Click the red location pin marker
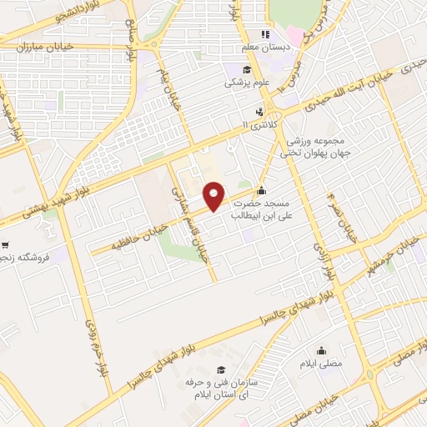[215, 195]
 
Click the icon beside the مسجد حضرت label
[262, 188]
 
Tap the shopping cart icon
[5, 245]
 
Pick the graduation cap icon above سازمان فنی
[221, 369]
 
